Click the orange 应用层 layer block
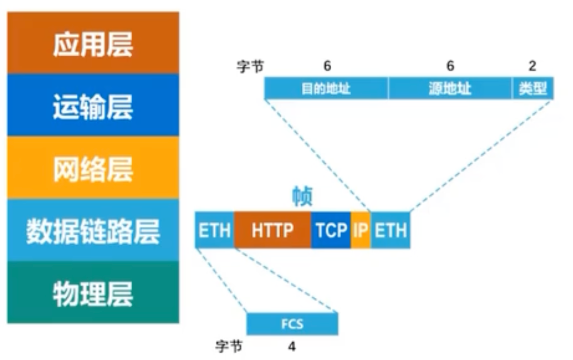coord(93,43)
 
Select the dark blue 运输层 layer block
coord(93,105)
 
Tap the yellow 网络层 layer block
coord(93,167)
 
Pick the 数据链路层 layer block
coord(93,230)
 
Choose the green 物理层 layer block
coord(93,292)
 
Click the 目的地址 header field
coord(326,88)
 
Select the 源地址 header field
coord(450,88)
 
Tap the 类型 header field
coord(532,88)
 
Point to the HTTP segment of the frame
coord(272,230)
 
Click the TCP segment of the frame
coord(331,230)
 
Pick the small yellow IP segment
coord(361,230)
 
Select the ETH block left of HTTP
coord(214,230)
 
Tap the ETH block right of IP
coord(390,230)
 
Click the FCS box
coord(292,324)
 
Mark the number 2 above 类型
coord(532,66)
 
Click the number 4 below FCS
coord(292,347)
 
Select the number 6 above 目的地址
coord(328,66)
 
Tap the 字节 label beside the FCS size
coord(229,347)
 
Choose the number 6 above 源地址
coord(450,66)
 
